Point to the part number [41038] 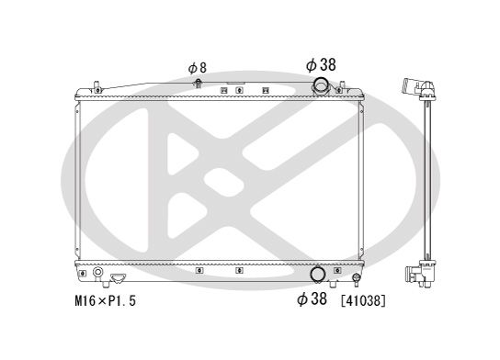point(363,299)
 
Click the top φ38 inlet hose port point(322,86)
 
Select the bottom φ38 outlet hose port point(316,274)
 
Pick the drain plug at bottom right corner point(355,277)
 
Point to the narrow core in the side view point(427,184)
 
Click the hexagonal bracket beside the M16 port point(118,276)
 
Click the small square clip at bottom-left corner point(83,273)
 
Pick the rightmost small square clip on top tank point(266,90)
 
